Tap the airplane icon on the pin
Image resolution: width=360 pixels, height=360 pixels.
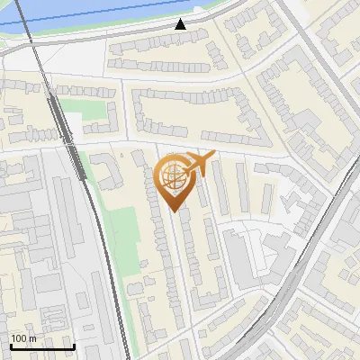tap(197, 165)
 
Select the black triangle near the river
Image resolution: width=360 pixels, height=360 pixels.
tap(181, 24)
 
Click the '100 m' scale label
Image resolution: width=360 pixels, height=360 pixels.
tap(23, 338)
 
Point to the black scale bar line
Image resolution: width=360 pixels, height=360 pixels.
tap(42, 346)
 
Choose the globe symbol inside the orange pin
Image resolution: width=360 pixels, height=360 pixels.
tap(173, 175)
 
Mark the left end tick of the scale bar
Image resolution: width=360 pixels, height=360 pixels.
tap(11, 346)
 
